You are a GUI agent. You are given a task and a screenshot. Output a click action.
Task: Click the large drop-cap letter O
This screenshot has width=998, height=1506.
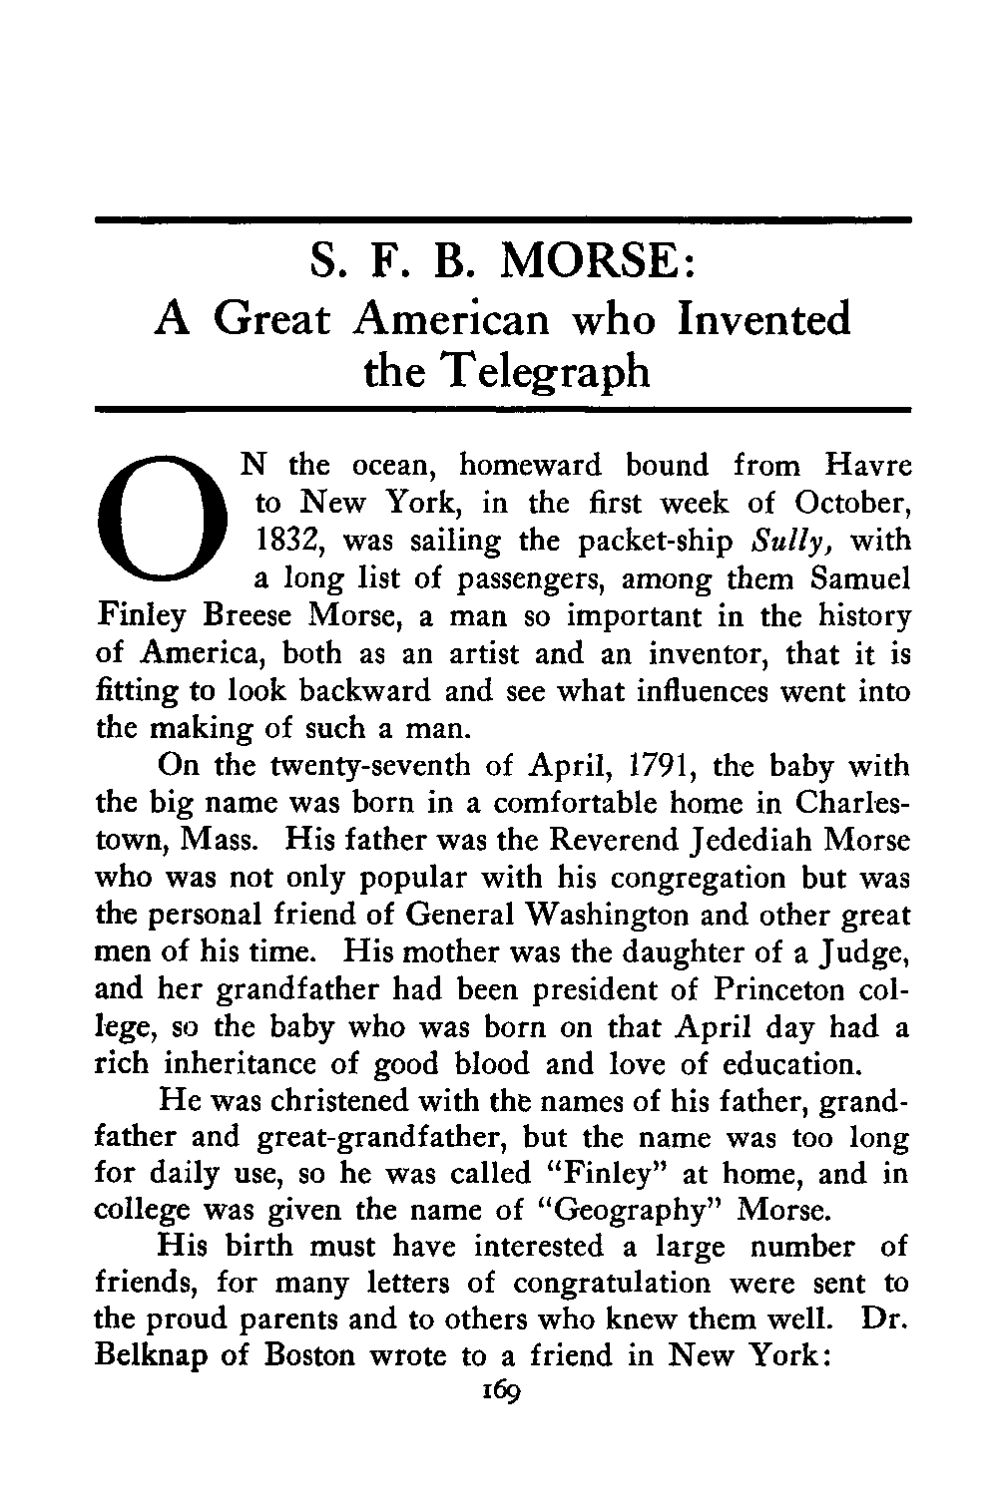pyautogui.click(x=161, y=527)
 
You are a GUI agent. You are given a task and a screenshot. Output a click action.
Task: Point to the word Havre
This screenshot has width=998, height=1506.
pyautogui.click(x=870, y=466)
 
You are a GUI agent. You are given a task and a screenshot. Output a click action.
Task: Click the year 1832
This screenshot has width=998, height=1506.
pyautogui.click(x=285, y=542)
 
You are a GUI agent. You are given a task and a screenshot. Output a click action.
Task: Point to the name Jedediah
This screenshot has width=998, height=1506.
pyautogui.click(x=775, y=841)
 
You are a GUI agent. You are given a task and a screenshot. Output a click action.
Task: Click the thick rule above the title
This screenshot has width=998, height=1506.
pyautogui.click(x=503, y=218)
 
